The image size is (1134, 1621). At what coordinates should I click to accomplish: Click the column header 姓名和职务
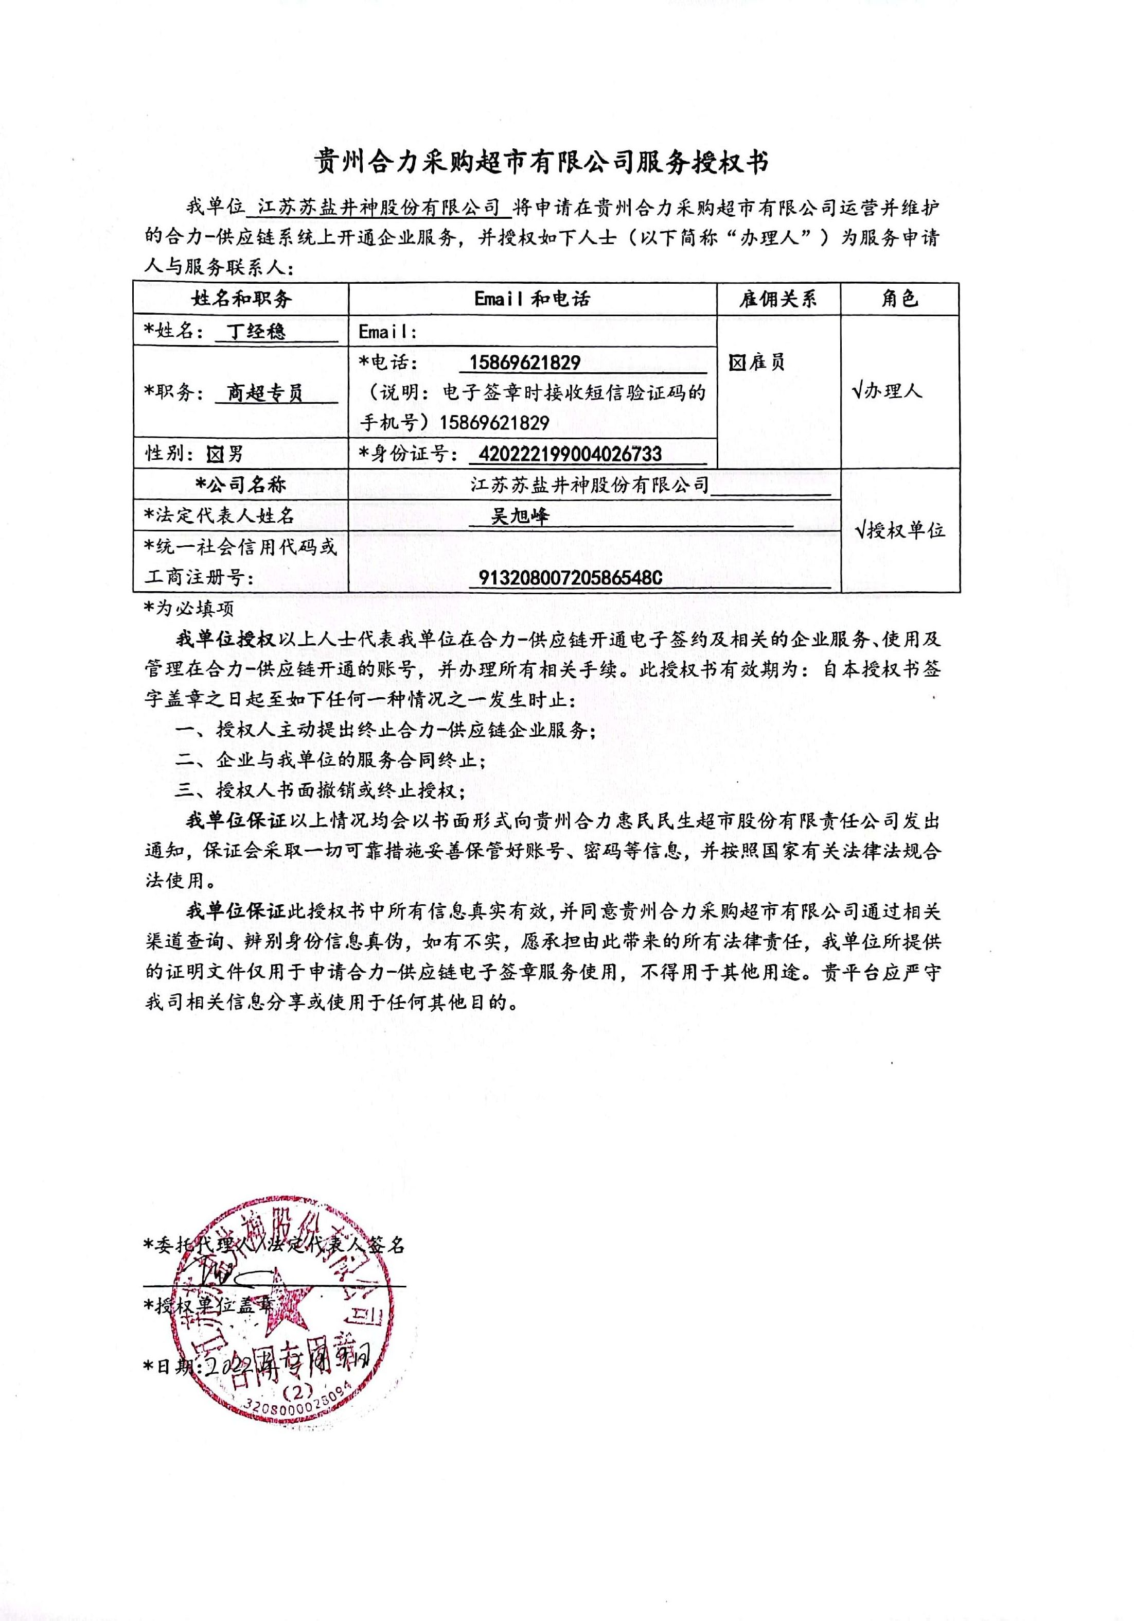coord(241,299)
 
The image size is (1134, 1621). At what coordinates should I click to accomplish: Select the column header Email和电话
coord(532,299)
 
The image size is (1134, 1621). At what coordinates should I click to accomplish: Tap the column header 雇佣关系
coord(777,299)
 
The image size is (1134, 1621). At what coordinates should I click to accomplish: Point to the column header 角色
coord(900,299)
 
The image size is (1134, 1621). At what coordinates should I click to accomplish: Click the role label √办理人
coord(887,390)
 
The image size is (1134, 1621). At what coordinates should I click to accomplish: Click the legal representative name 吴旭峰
coord(520,516)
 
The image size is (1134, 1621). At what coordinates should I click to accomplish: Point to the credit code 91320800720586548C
coord(570,578)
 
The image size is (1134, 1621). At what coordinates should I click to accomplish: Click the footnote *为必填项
coord(189,608)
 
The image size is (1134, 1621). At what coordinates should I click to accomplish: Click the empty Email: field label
coord(388,331)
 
